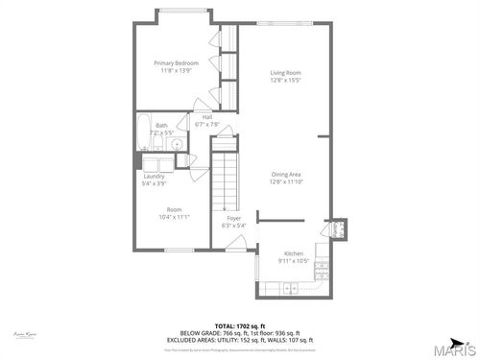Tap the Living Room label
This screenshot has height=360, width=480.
tap(285, 73)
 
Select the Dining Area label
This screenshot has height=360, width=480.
tap(285, 174)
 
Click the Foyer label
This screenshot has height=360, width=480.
tap(234, 218)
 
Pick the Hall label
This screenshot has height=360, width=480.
tap(207, 117)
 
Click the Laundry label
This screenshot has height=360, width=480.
tap(154, 176)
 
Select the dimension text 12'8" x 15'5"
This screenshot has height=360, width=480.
tap(285, 81)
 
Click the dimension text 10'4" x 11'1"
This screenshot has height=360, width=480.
tap(174, 217)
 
